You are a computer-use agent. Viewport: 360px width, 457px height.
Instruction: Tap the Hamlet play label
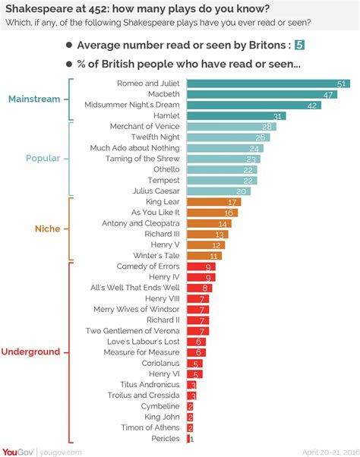[166, 115]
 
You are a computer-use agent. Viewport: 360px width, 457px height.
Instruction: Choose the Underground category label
[31, 352]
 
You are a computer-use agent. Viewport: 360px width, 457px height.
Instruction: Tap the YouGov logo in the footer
[17, 450]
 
